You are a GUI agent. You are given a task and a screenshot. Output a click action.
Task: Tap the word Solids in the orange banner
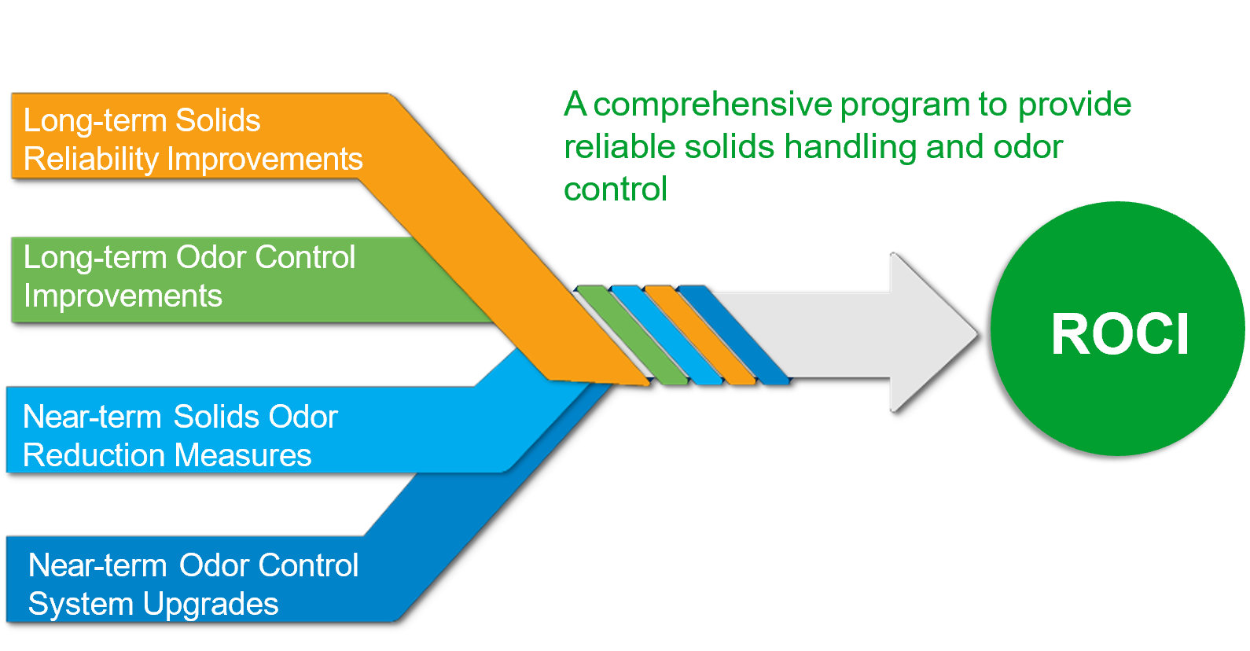217,121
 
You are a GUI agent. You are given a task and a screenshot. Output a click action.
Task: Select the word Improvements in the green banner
123,296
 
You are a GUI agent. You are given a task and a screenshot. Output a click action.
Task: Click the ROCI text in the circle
1119,335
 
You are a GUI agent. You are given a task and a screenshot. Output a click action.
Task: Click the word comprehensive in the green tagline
712,105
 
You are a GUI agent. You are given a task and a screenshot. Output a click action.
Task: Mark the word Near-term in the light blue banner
92,417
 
